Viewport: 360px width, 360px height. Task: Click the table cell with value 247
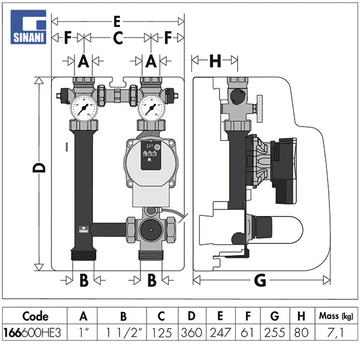(x=220, y=332)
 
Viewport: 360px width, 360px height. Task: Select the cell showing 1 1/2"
(x=122, y=332)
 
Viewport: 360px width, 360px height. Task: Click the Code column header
(x=35, y=316)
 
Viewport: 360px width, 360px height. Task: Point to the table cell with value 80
(x=301, y=332)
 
